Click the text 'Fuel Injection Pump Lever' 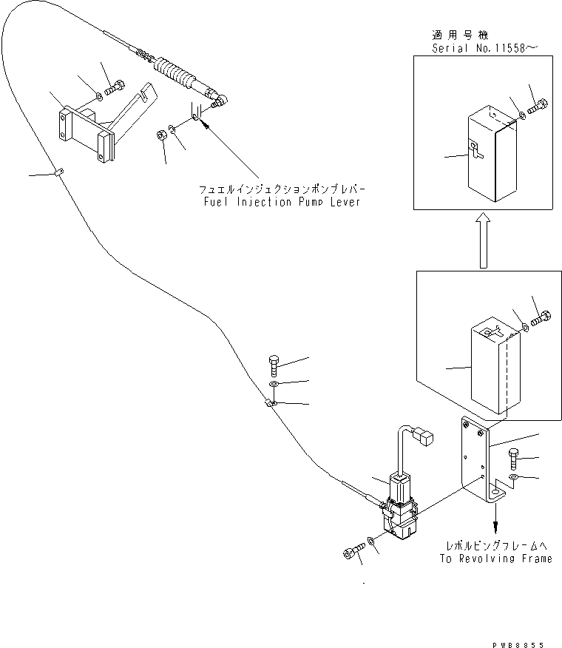280,202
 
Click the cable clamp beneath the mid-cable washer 271,403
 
